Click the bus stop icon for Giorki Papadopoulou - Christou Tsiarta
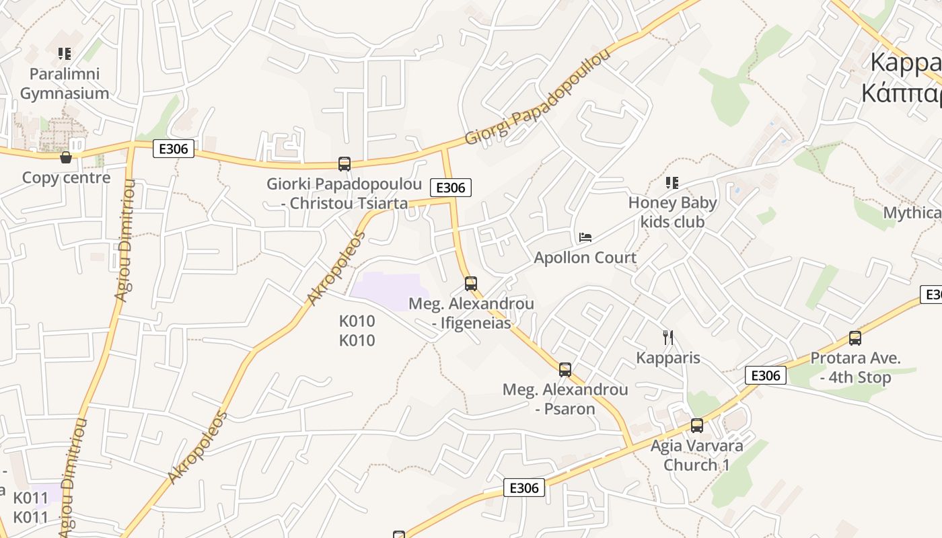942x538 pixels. (x=344, y=163)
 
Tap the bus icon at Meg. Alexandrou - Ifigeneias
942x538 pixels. (x=471, y=283)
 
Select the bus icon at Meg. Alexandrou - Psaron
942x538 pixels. (x=565, y=369)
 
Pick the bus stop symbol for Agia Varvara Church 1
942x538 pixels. (x=697, y=425)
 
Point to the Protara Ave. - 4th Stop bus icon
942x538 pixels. (x=855, y=338)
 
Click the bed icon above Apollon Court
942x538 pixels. (x=585, y=237)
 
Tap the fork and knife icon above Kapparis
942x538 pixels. (x=668, y=338)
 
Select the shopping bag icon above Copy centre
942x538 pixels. (x=66, y=157)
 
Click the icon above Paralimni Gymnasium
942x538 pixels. (x=65, y=54)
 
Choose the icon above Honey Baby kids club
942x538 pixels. (x=672, y=182)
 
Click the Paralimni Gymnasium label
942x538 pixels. (x=65, y=83)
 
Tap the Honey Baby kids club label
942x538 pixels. (x=672, y=212)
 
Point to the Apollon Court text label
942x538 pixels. (x=585, y=258)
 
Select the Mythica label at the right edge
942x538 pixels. (x=912, y=213)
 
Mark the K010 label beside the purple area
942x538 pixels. (x=357, y=330)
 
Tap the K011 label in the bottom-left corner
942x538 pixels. (x=31, y=508)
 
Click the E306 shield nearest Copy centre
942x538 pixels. (x=174, y=149)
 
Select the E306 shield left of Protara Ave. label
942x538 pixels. (x=766, y=375)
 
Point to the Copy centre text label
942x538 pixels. (x=66, y=178)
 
